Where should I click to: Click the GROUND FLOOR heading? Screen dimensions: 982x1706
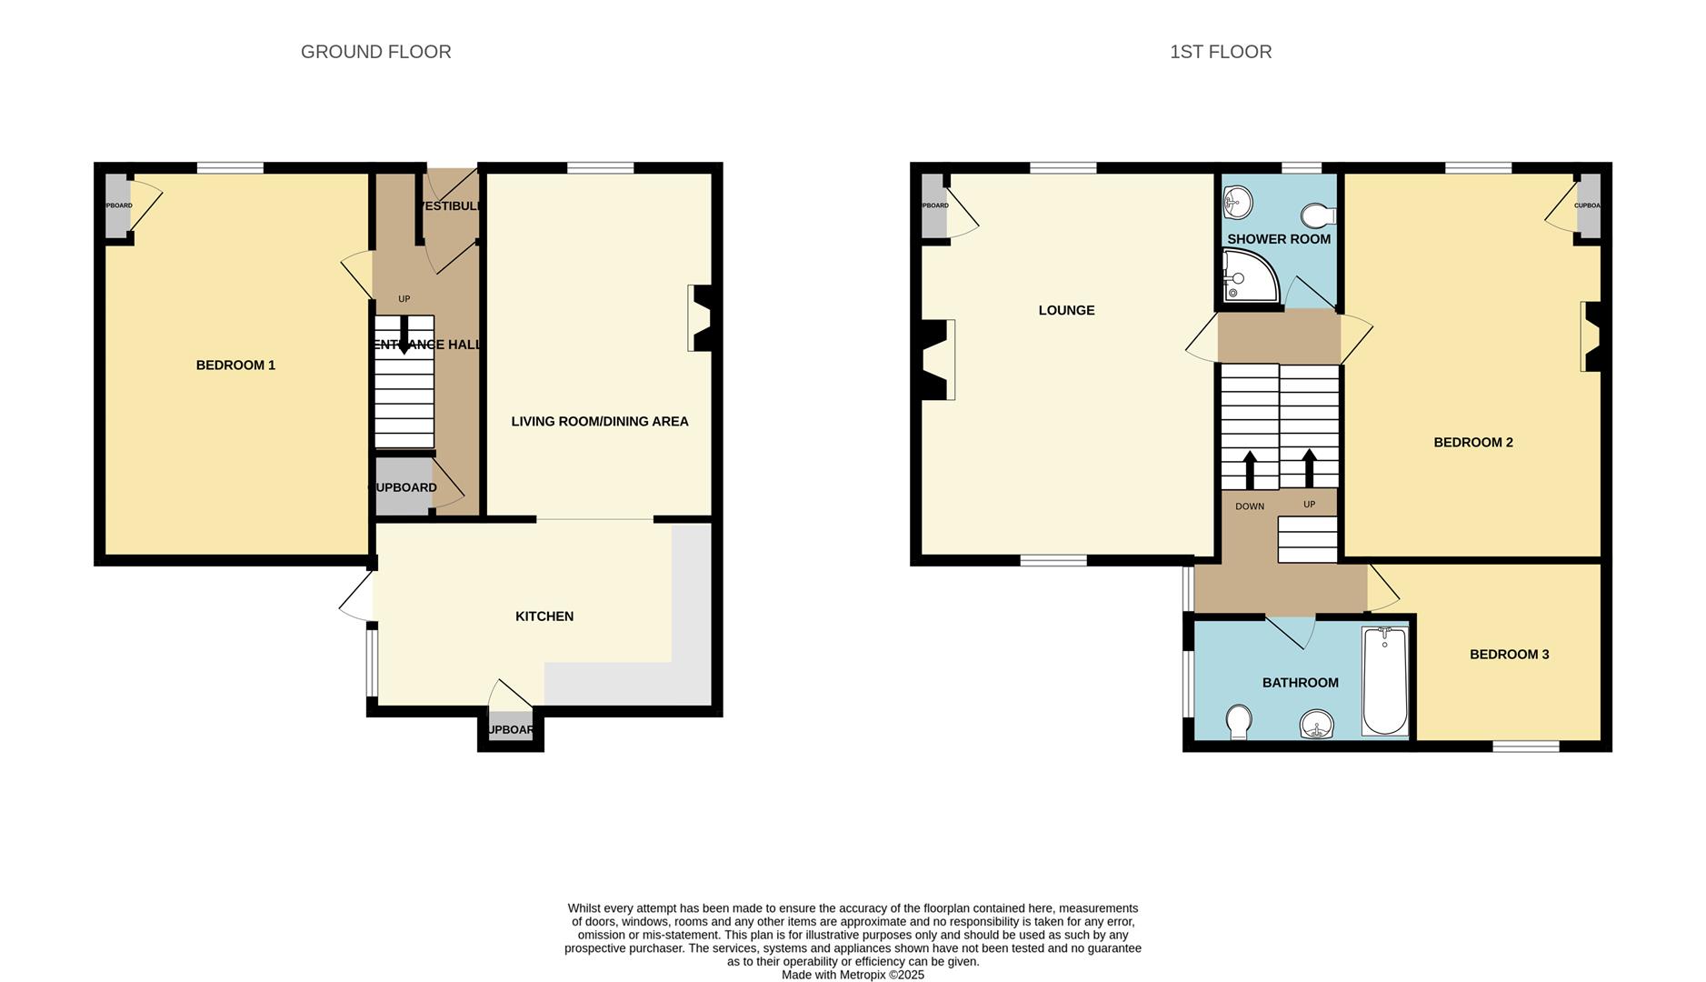click(375, 52)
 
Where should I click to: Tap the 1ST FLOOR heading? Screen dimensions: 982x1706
click(1220, 52)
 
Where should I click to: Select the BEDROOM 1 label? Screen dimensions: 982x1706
click(235, 366)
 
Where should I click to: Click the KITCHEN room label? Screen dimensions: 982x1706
click(544, 616)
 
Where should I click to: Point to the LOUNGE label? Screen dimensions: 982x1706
click(1066, 310)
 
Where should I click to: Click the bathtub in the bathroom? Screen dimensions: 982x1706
click(1384, 679)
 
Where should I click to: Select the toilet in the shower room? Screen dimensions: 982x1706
click(1317, 215)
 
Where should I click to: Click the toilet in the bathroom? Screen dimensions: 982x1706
click(1238, 723)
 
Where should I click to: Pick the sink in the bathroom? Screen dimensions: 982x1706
click(1316, 726)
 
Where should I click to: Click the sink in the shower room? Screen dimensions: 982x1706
click(1236, 203)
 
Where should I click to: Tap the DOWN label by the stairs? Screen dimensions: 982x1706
click(1249, 506)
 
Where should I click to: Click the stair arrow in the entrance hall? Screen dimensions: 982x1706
click(404, 334)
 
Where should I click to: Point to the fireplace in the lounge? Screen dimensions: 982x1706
click(936, 360)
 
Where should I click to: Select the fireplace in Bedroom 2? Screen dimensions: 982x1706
click(1592, 336)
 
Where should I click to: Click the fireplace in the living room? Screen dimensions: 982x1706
click(702, 318)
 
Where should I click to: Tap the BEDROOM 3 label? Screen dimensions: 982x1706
click(1509, 655)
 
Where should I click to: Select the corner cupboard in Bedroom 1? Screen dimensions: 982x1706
click(118, 205)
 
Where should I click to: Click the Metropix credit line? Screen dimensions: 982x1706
click(853, 975)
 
